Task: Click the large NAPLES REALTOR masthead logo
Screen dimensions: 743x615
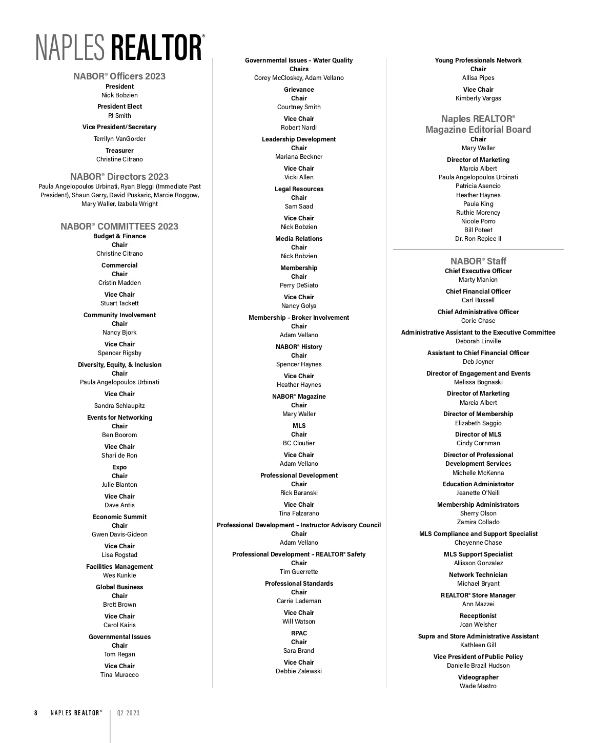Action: (120, 48)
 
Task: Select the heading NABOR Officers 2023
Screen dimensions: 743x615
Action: (119, 76)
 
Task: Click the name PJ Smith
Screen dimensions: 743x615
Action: (119, 116)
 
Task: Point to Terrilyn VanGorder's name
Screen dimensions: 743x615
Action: (119, 139)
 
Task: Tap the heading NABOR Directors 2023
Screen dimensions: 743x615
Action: (119, 177)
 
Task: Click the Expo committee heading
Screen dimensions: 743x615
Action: (119, 467)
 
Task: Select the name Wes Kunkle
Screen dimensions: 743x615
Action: (119, 575)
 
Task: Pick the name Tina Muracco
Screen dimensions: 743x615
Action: (119, 675)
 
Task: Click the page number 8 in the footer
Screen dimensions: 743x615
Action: (36, 713)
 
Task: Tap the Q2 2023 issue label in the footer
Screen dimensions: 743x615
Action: (128, 713)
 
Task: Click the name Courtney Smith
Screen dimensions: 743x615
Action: (299, 107)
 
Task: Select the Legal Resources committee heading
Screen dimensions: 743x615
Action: (299, 189)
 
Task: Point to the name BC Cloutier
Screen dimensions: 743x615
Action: (299, 443)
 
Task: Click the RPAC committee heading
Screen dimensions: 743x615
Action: (299, 633)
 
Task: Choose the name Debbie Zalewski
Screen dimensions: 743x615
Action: (299, 671)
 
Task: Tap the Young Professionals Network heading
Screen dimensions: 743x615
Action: (478, 60)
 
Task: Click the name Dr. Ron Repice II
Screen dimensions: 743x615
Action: (478, 239)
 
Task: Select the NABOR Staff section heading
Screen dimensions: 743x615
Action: (478, 261)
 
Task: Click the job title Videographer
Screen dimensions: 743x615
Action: (478, 677)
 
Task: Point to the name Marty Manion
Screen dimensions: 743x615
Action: (478, 280)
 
